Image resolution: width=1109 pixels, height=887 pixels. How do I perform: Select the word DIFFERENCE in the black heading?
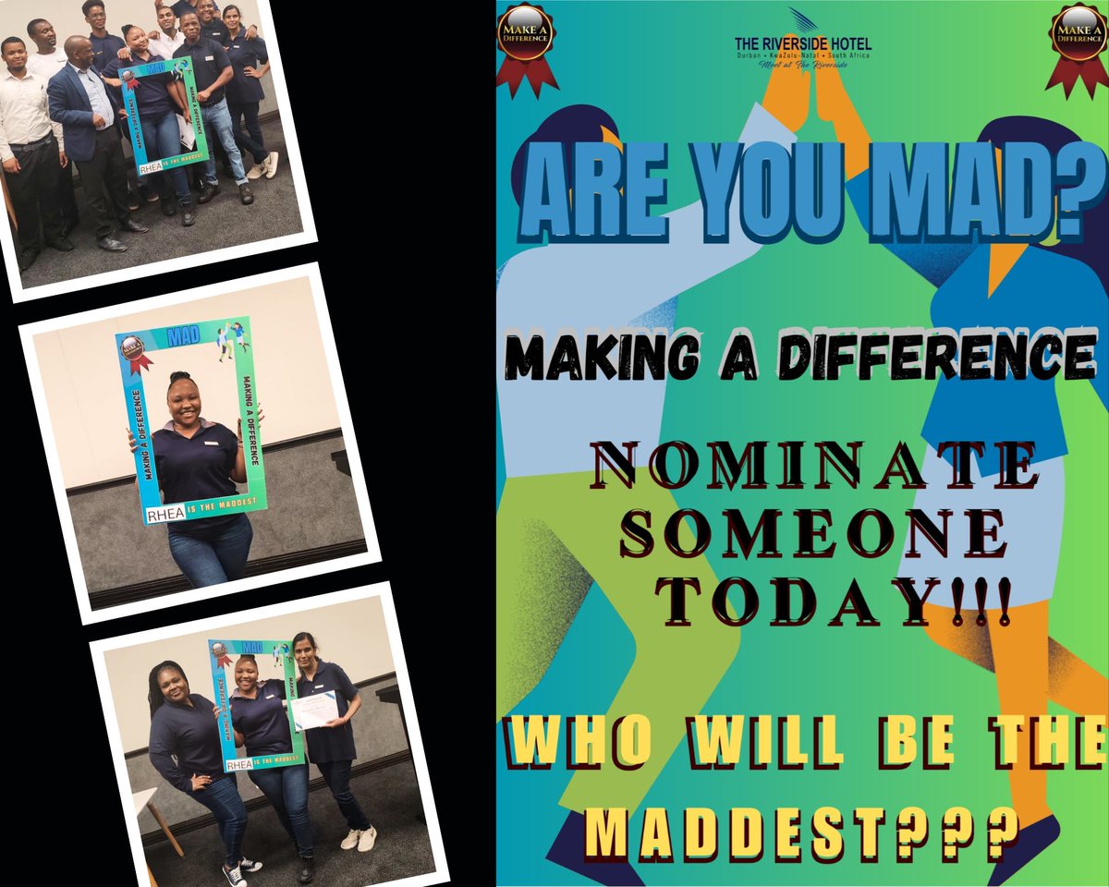coord(935,357)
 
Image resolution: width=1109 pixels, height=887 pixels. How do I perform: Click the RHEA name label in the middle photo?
coord(165,515)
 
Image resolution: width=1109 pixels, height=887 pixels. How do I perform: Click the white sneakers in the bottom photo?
coord(360,838)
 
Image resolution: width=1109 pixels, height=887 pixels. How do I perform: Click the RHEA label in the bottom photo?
coord(239,764)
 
